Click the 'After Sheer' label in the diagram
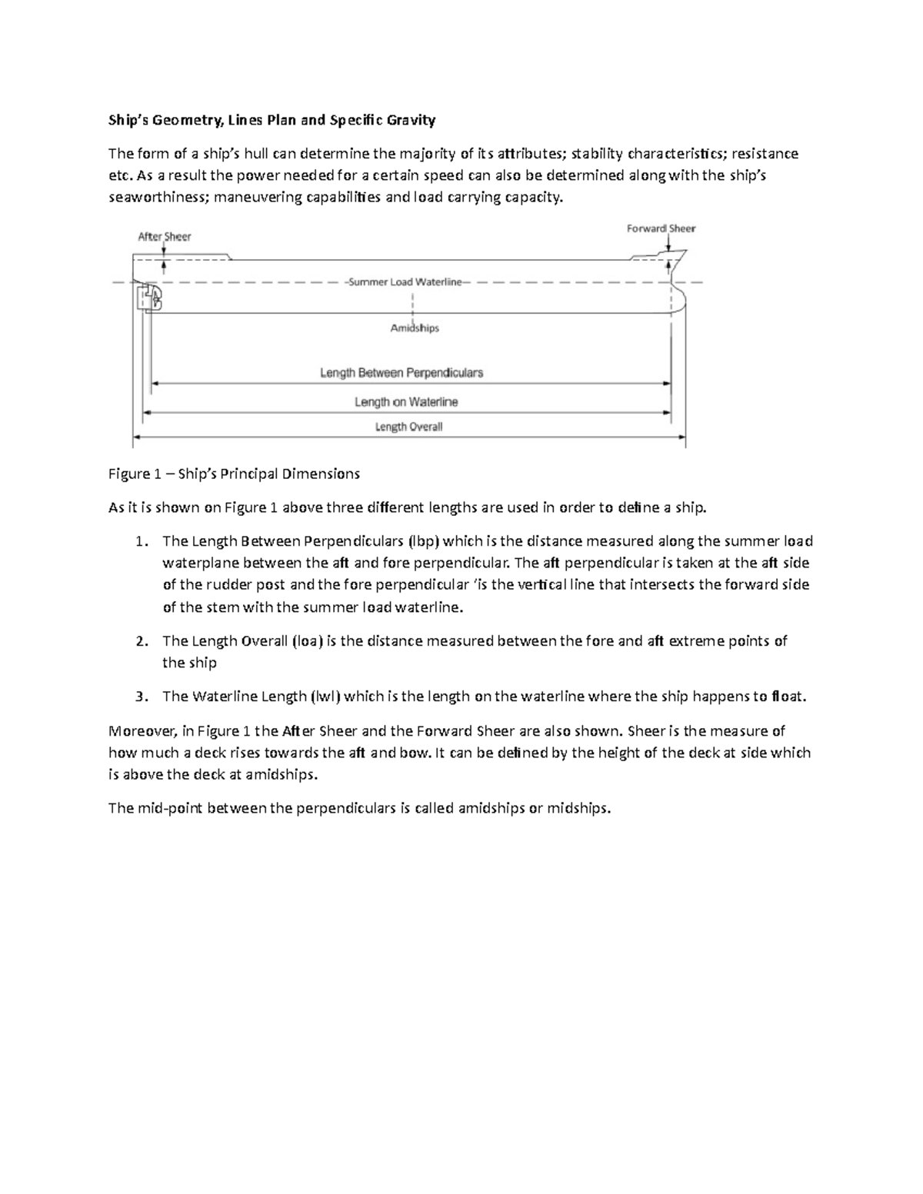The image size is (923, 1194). coord(164,237)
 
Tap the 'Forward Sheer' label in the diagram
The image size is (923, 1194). coord(661,228)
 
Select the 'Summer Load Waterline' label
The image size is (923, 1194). coord(405,282)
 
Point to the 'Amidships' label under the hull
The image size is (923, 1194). coord(414,328)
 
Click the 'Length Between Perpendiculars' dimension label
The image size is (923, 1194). coord(402,373)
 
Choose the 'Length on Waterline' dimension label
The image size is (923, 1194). coord(406,402)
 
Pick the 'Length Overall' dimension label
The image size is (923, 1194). coord(408,427)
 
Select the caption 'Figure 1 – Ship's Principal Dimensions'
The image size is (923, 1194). coord(234,474)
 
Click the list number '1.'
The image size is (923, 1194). coord(140,541)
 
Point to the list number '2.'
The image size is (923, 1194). coord(140,641)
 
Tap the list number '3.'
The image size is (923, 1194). coord(140,697)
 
